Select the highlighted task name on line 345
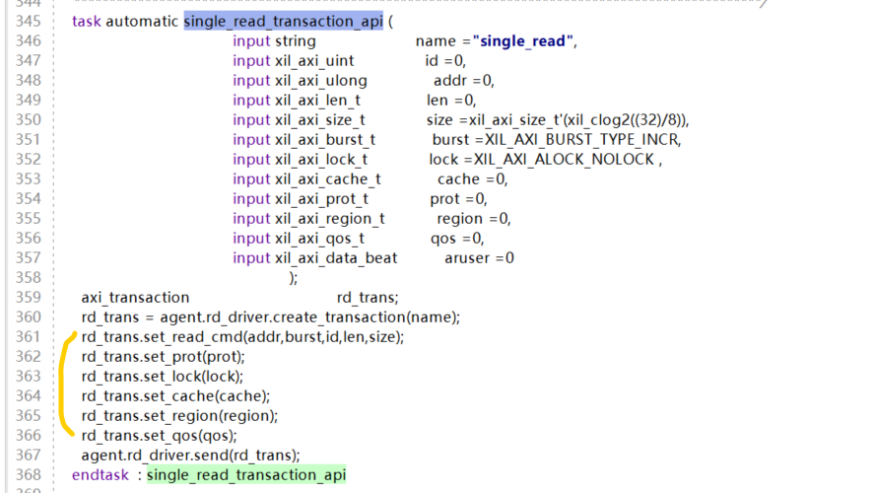[x=283, y=21]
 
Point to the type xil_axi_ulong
[x=320, y=81]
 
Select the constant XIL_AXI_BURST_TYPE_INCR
[x=583, y=140]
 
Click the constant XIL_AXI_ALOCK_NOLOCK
[x=565, y=160]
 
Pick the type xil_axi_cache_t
[x=327, y=179]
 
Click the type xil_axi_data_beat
[x=336, y=258]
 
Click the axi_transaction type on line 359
[x=135, y=297]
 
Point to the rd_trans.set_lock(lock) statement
[x=162, y=376]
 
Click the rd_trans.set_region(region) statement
[x=179, y=415]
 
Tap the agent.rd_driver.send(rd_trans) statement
[x=190, y=455]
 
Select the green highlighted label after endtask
[x=246, y=475]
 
